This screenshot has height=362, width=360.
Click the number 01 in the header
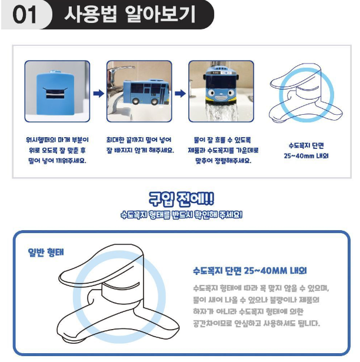tap(25, 15)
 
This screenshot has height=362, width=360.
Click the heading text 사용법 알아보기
tap(129, 14)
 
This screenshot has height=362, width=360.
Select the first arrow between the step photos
tap(99, 94)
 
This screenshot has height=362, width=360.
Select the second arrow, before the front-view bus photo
tap(181, 94)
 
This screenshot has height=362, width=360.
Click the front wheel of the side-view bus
tap(136, 101)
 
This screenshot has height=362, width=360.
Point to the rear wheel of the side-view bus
tap(154, 101)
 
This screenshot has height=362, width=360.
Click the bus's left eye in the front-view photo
tap(211, 93)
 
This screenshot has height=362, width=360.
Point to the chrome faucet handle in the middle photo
tap(120, 69)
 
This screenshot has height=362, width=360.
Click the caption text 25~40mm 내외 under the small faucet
tap(306, 156)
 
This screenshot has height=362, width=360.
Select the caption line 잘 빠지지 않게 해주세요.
tap(140, 150)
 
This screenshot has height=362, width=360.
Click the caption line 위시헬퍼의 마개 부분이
tap(57, 140)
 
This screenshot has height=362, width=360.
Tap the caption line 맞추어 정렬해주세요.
tap(223, 161)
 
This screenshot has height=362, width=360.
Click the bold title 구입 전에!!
tap(181, 199)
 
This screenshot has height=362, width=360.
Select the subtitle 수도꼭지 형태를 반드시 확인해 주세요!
tap(181, 215)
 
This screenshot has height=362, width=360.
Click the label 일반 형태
tap(46, 252)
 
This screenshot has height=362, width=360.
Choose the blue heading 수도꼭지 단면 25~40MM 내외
tap(250, 271)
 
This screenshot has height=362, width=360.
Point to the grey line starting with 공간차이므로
tap(256, 323)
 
